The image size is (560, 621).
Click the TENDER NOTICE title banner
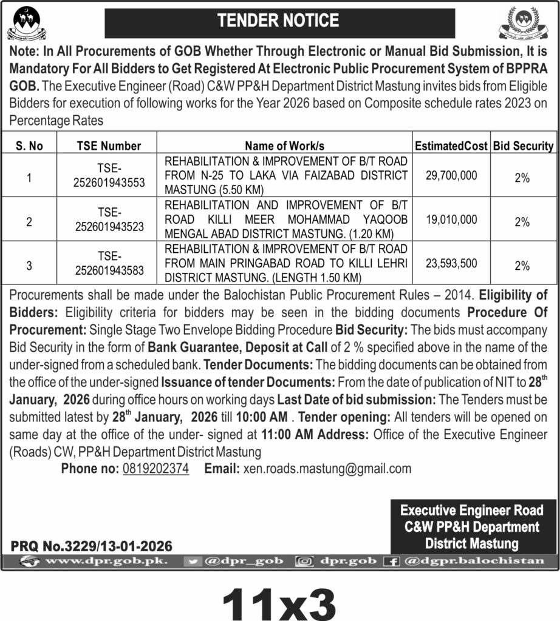[x=279, y=21]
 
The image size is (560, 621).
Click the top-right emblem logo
[x=527, y=23]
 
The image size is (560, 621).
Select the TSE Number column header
[x=109, y=146]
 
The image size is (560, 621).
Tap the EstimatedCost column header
[x=451, y=146]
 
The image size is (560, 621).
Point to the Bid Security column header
[x=523, y=146]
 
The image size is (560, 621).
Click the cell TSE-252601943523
[x=109, y=220]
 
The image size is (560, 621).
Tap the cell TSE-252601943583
[x=109, y=264]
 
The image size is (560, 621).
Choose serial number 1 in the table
[x=29, y=178]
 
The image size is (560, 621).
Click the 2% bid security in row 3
[x=522, y=266]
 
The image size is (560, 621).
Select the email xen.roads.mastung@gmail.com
[x=327, y=468]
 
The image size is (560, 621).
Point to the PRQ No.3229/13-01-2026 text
[x=92, y=546]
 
